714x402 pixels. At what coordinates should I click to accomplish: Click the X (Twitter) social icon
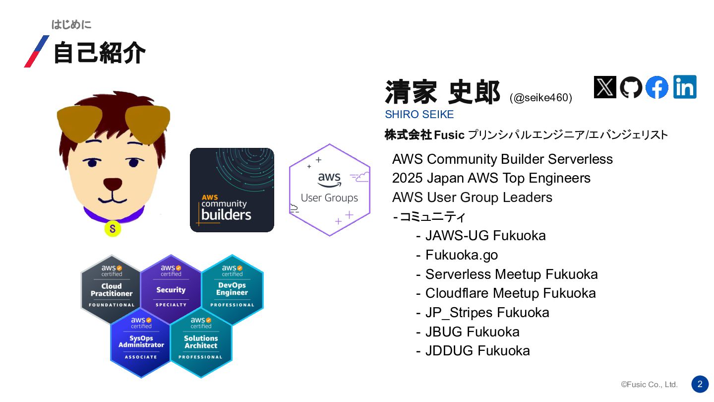point(605,87)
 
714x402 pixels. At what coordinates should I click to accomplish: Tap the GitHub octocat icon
point(631,87)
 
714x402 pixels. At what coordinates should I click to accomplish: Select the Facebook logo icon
point(657,87)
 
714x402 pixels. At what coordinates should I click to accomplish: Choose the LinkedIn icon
point(685,87)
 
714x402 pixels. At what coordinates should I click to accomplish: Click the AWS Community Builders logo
point(232,190)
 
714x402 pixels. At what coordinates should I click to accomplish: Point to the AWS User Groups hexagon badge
point(330,190)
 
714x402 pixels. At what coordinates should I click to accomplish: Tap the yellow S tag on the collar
point(113,229)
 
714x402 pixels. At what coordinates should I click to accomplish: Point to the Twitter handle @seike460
point(540,98)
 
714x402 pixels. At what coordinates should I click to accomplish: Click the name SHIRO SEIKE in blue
point(419,115)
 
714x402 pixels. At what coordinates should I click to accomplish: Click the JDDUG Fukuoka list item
point(477,351)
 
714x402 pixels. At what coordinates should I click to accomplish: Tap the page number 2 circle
point(700,384)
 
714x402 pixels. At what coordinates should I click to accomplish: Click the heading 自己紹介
point(99,53)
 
